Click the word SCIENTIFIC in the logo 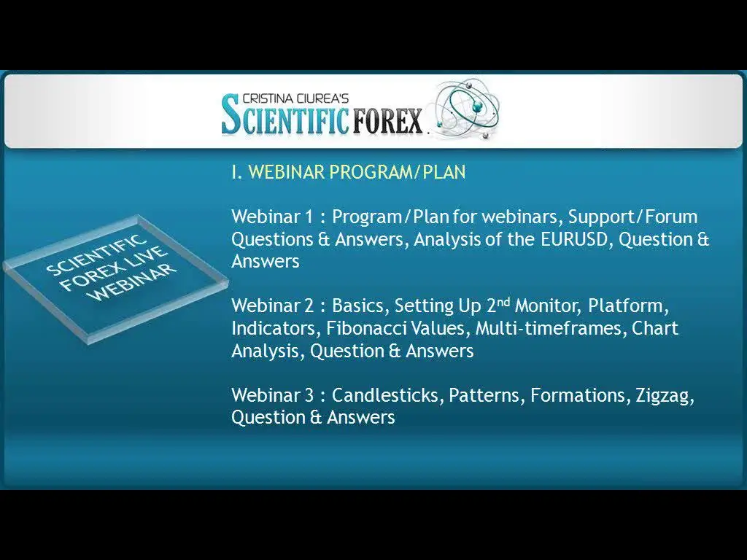click(x=285, y=114)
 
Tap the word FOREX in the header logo click(x=388, y=121)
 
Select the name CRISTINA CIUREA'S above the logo click(x=295, y=98)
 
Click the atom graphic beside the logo click(x=468, y=109)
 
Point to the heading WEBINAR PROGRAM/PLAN click(x=357, y=172)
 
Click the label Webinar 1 click(x=273, y=217)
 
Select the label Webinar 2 click(x=273, y=306)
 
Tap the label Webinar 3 click(x=273, y=395)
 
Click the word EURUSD click(x=575, y=239)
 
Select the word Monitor click(x=548, y=306)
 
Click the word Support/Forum click(x=633, y=217)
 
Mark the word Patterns click(x=487, y=395)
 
